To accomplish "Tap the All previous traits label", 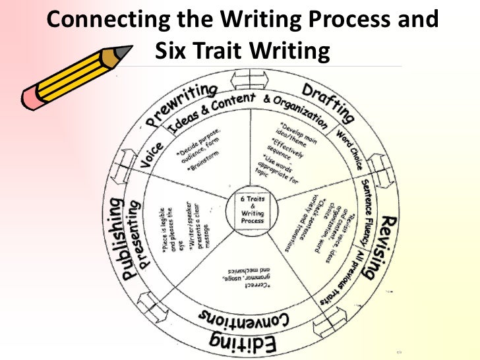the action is tap(344, 277).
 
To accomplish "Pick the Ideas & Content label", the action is tap(211, 109).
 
